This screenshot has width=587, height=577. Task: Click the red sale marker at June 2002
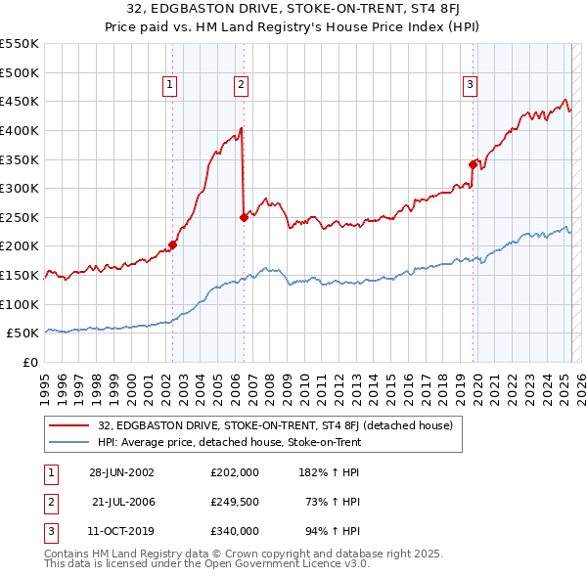[173, 244]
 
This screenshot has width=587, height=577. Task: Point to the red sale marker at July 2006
[244, 217]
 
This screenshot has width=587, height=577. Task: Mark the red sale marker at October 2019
[473, 164]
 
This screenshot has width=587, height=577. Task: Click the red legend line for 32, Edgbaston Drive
[68, 426]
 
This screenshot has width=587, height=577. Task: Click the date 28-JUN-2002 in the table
[121, 472]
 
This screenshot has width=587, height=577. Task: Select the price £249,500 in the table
[234, 502]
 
